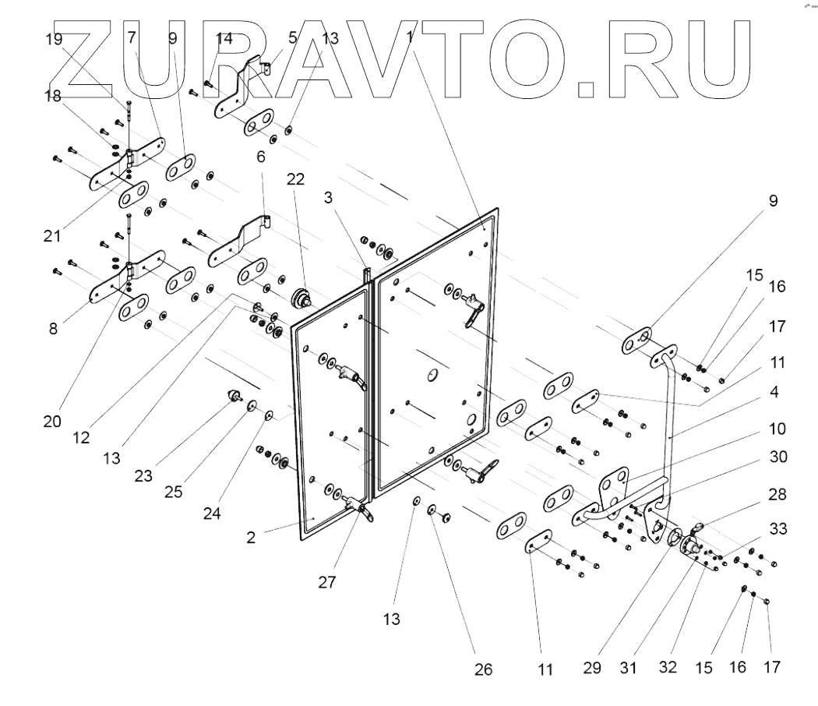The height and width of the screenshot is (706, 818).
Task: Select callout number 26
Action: [x=483, y=669]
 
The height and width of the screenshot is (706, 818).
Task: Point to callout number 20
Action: [x=52, y=421]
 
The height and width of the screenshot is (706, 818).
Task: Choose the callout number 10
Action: [x=777, y=429]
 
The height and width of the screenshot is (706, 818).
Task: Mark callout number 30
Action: [x=777, y=458]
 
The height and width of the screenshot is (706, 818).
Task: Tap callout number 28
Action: [x=777, y=494]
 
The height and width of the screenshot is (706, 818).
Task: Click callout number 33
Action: [x=777, y=530]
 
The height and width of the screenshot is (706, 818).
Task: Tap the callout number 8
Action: [x=52, y=329]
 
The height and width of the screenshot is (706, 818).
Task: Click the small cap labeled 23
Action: [x=232, y=396]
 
